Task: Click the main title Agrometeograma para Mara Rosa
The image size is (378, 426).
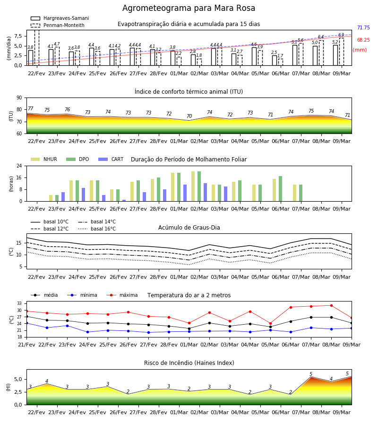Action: pyautogui.click(x=189, y=8)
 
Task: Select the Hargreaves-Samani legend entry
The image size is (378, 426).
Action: pyautogui.click(x=60, y=18)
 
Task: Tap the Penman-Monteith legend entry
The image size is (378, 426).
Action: pyautogui.click(x=58, y=25)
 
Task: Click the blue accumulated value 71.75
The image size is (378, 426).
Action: pyautogui.click(x=363, y=28)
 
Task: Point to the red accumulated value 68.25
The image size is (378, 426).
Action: pyautogui.click(x=363, y=40)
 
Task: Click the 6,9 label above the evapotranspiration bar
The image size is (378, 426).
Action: pyautogui.click(x=341, y=35)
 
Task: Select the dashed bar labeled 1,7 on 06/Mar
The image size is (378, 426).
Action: pyautogui.click(x=280, y=62)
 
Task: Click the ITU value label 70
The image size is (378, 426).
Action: pyautogui.click(x=189, y=116)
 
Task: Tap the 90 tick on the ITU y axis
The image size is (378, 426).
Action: pyautogui.click(x=19, y=98)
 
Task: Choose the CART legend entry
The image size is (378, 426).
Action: pyautogui.click(x=111, y=159)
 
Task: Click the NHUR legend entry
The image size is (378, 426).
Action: pyautogui.click(x=44, y=159)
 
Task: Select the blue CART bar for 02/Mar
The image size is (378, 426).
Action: pyautogui.click(x=205, y=192)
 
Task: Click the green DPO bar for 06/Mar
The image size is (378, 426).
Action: pyautogui.click(x=280, y=189)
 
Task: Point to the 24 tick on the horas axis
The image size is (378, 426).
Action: pyautogui.click(x=19, y=166)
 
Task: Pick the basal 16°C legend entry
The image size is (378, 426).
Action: pyautogui.click(x=97, y=229)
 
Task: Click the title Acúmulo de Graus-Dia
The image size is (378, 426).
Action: pyautogui.click(x=189, y=227)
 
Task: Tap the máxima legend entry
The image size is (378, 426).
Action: pyautogui.click(x=122, y=295)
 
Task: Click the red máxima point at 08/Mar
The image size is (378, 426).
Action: pyautogui.click(x=331, y=306)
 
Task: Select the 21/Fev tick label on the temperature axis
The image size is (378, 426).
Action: pyautogui.click(x=26, y=345)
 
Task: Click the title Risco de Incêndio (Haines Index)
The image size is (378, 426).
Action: pyautogui.click(x=189, y=363)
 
